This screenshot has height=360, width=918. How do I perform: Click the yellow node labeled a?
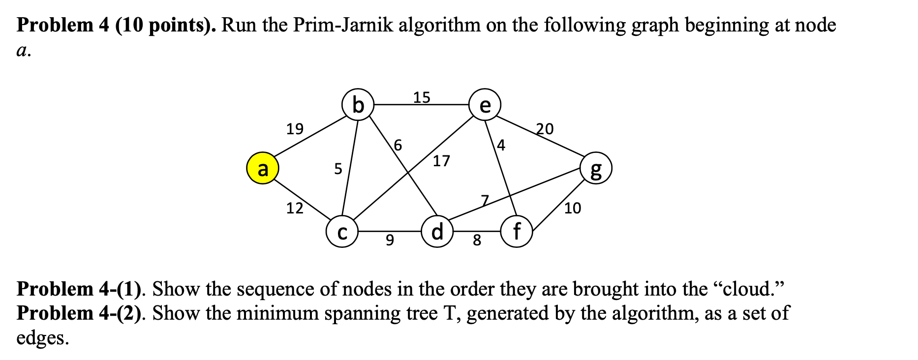point(263,168)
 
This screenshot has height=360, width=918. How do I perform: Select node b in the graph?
point(358,105)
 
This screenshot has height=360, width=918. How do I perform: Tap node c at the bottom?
point(342,232)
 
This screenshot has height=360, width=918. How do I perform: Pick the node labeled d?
point(437,231)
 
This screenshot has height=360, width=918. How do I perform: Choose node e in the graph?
point(485,105)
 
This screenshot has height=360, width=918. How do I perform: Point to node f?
point(516,231)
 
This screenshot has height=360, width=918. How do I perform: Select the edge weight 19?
point(295,129)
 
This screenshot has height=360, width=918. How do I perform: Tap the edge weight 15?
point(422,97)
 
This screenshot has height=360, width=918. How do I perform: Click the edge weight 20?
point(545,129)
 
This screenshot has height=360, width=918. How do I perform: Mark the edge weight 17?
point(441,161)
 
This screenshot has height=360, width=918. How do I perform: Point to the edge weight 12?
point(295,209)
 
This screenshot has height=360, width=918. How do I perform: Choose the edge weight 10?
point(573,209)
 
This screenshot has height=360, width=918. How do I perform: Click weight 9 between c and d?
point(390,240)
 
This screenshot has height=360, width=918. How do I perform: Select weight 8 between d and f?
point(477,240)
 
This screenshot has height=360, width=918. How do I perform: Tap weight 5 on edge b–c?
point(338,169)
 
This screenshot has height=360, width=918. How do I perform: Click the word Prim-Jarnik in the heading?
point(343,25)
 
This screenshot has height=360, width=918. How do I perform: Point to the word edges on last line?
point(42,338)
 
